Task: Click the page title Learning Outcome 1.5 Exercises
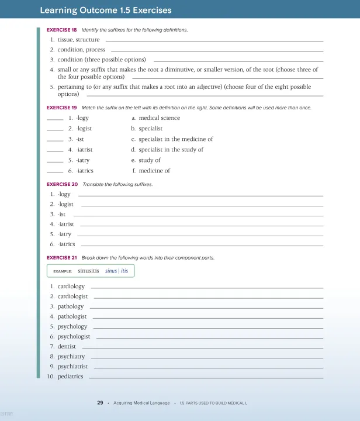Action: [105, 11]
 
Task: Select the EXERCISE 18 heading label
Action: [61, 30]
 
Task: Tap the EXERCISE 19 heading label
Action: [61, 108]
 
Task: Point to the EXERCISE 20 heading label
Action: [61, 184]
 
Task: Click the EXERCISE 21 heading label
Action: [61, 257]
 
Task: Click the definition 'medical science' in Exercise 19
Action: [159, 118]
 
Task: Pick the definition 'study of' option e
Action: [150, 160]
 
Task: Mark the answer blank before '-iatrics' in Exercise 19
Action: [55, 171]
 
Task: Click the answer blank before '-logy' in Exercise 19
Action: [55, 119]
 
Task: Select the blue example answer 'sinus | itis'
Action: [116, 271]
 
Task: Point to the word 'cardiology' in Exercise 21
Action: [71, 287]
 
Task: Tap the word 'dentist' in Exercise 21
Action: [67, 347]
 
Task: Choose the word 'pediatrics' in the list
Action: [70, 377]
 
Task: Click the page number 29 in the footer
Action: [100, 403]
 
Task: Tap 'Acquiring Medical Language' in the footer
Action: [141, 403]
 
